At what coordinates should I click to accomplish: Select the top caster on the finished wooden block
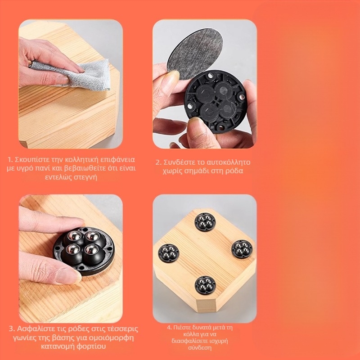pyautogui.click(x=205, y=222)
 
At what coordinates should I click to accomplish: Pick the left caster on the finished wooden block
pyautogui.click(x=168, y=253)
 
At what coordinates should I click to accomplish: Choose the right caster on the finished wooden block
pyautogui.click(x=242, y=249)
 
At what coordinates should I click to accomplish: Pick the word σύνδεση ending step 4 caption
pyautogui.click(x=200, y=347)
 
